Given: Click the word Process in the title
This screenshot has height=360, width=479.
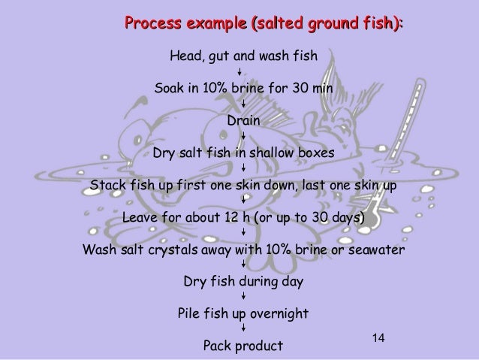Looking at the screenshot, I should [x=154, y=24].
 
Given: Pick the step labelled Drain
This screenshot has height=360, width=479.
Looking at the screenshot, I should [x=243, y=119].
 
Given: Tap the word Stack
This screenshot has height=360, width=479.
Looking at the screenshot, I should [x=107, y=185].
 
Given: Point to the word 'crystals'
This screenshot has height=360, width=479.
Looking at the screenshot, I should [x=178, y=250].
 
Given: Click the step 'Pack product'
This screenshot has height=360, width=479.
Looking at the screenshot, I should [x=243, y=346].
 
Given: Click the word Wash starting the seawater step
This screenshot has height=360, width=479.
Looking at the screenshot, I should [x=98, y=250].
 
